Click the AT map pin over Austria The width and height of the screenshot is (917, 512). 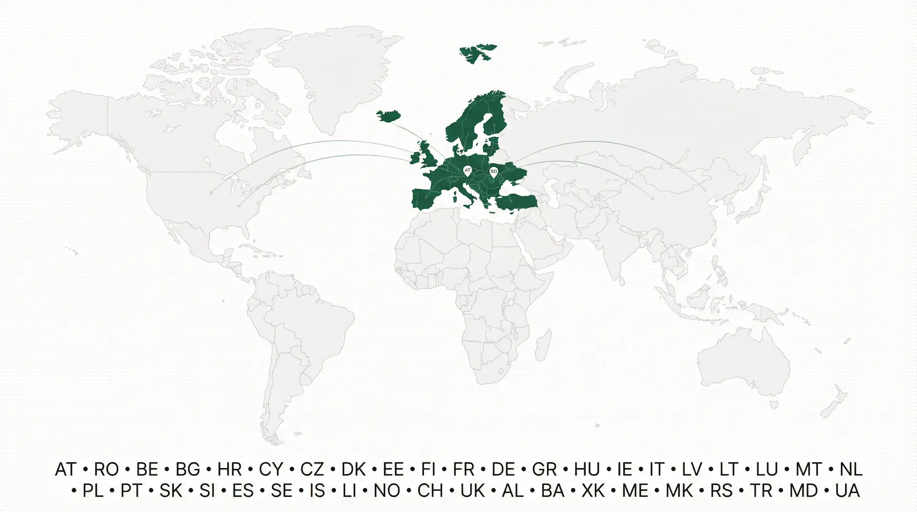pos(467,171)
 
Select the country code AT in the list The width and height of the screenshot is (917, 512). pos(65,469)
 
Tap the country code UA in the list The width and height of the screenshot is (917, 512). pos(848,491)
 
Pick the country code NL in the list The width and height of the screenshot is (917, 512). pos(851,469)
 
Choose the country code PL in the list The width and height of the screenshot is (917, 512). pos(93,491)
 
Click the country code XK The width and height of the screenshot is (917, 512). pos(593,491)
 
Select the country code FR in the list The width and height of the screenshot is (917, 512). pos(463,469)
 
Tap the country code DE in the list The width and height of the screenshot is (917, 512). pos(503,469)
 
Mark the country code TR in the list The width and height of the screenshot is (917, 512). pos(761,491)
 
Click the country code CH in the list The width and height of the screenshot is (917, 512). pos(430,491)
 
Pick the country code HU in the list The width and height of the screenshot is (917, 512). pos(586,469)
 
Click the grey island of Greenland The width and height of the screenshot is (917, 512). pos(330,76)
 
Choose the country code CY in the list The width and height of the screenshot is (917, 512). pos(271,469)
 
